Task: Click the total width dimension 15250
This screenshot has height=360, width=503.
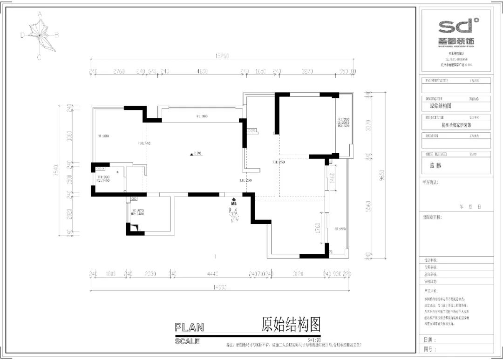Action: [221, 56]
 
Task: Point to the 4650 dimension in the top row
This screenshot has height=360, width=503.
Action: [202, 72]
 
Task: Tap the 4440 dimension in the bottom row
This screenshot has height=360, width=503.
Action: [213, 274]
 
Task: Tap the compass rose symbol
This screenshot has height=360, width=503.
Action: [41, 35]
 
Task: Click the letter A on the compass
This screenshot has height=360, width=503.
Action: [40, 14]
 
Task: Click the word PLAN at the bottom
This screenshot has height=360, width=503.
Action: [189, 328]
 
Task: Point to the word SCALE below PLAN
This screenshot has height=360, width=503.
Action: [187, 341]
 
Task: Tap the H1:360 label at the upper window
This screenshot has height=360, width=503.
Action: [202, 116]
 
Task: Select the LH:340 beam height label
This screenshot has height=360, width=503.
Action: [144, 143]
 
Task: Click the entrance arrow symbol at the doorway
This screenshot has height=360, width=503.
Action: [234, 201]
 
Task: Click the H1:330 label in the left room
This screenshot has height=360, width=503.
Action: [103, 136]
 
